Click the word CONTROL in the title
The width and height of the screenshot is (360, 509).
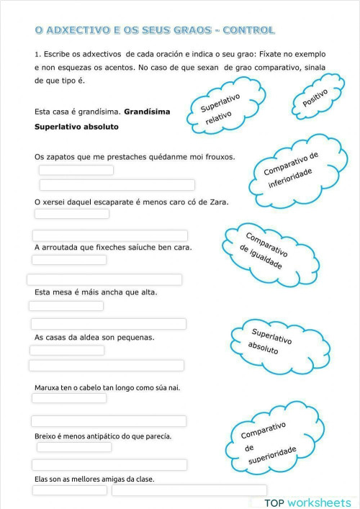click(x=248, y=30)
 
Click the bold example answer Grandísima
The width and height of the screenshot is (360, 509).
click(x=147, y=112)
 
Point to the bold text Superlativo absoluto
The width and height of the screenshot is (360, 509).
click(x=76, y=126)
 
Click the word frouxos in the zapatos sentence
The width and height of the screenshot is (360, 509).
click(x=217, y=156)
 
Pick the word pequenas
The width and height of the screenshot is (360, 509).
click(x=135, y=337)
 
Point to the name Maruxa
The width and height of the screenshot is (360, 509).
click(x=48, y=387)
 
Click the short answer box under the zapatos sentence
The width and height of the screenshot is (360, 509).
click(x=76, y=170)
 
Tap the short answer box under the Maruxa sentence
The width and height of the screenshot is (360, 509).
click(x=69, y=398)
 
